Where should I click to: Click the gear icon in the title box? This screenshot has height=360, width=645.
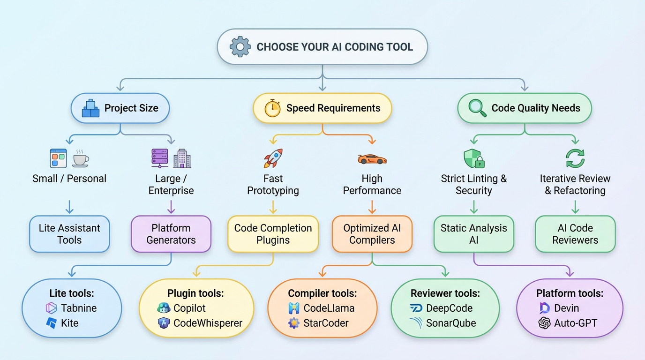click(240, 47)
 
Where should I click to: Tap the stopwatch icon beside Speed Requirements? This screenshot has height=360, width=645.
click(272, 108)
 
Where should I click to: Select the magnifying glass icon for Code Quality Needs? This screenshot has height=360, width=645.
click(477, 108)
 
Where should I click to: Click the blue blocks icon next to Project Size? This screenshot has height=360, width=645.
click(90, 108)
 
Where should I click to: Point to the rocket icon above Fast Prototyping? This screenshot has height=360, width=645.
click(273, 158)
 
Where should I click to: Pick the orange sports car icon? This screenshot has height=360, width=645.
click(372, 159)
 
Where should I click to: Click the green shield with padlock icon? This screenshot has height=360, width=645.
click(473, 159)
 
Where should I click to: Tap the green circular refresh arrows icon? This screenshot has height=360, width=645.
click(575, 158)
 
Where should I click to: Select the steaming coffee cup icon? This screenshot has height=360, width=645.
click(80, 158)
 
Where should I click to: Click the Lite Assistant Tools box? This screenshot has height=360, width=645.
click(69, 234)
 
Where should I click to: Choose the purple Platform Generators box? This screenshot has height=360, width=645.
click(171, 234)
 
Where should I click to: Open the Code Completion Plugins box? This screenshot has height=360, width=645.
click(273, 234)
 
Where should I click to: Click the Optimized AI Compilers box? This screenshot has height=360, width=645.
click(372, 234)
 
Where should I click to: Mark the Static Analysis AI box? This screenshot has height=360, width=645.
click(473, 234)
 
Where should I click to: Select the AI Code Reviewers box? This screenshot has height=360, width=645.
click(575, 234)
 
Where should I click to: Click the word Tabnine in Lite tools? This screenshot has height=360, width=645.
click(78, 308)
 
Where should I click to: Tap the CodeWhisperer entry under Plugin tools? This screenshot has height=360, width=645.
click(208, 323)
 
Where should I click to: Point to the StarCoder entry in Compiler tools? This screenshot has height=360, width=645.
click(326, 323)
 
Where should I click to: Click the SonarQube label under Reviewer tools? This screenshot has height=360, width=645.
click(450, 323)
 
